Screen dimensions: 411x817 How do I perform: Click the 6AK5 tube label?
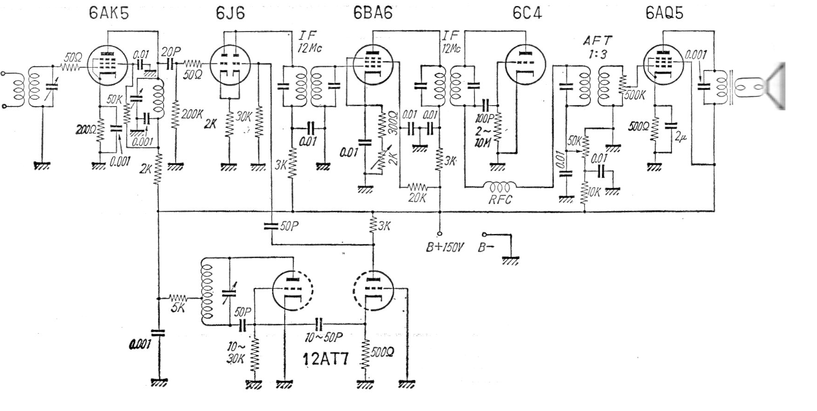tap(109, 13)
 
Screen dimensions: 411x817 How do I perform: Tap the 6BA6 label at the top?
tap(373, 13)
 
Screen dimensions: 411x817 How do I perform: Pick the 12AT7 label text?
tap(325, 360)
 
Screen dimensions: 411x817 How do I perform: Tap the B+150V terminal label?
tap(445, 247)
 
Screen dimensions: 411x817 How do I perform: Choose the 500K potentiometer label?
tap(635, 95)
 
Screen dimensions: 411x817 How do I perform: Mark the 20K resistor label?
tap(417, 198)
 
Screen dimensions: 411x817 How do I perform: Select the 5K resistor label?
tap(178, 307)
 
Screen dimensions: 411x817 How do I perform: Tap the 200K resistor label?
tap(192, 114)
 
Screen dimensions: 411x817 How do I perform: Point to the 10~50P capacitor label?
tap(324, 337)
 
